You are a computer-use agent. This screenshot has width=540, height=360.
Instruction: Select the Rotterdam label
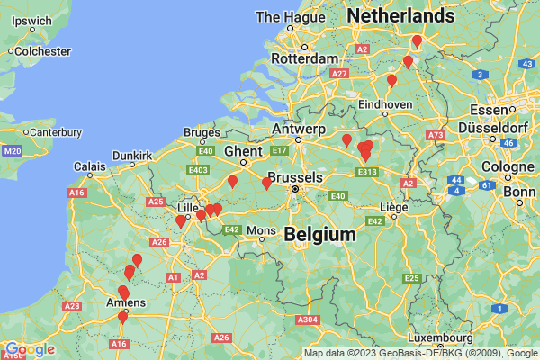(297, 58)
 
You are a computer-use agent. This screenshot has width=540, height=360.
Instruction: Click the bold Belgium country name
(319, 234)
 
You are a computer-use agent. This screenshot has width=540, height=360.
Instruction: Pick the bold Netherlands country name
(400, 16)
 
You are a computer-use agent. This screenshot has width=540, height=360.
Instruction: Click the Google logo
(28, 349)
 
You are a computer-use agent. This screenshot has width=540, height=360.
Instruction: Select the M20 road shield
(11, 150)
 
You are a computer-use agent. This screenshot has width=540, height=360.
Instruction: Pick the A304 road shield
(308, 319)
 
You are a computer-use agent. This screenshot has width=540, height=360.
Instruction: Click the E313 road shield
(366, 171)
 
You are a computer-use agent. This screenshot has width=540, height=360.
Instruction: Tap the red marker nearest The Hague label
(417, 40)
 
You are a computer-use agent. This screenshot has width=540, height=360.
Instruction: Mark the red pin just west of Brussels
(266, 184)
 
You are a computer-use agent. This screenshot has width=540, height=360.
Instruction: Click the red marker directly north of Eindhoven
(391, 81)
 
